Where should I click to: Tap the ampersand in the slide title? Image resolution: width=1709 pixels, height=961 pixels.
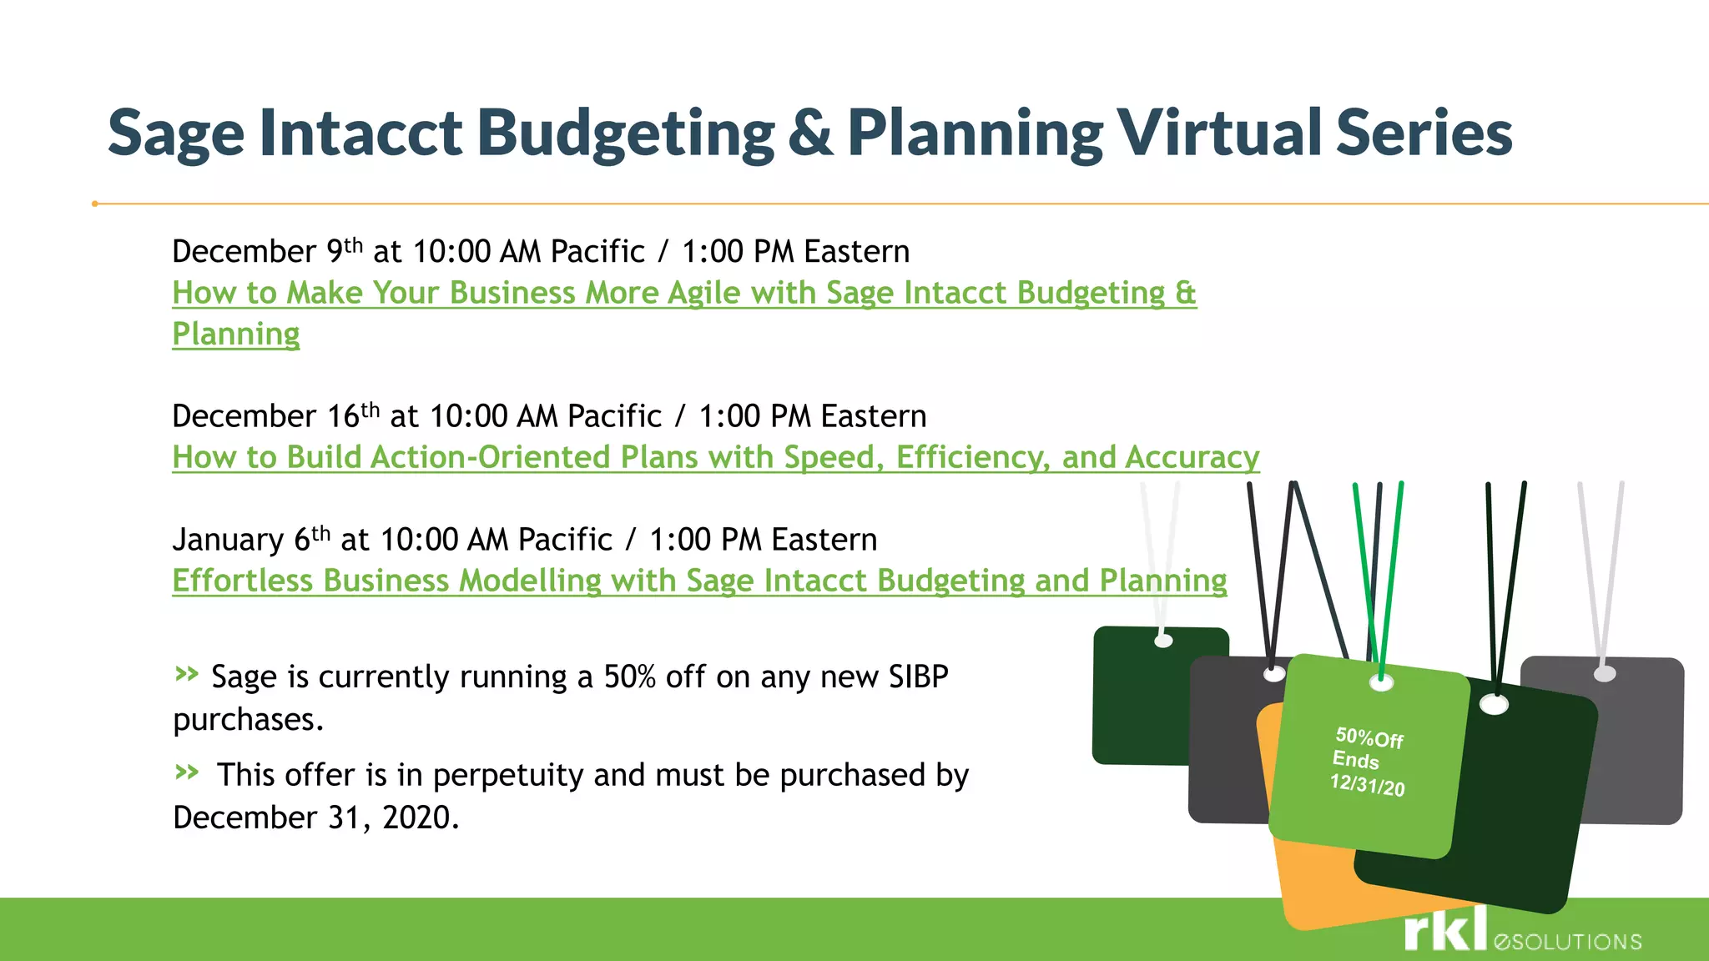pos(809,133)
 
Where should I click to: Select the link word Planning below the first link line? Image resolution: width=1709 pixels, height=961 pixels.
pos(236,335)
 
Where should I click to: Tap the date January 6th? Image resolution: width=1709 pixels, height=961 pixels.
pos(251,540)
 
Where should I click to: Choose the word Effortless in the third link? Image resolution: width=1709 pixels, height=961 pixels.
pos(242,581)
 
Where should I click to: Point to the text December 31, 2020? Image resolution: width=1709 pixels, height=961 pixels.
pos(315,818)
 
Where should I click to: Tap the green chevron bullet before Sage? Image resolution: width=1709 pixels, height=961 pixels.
pos(187,673)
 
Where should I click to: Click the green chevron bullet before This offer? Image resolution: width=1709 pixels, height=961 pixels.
pos(187,772)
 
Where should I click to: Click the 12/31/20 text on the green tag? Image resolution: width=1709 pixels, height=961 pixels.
pos(1367,785)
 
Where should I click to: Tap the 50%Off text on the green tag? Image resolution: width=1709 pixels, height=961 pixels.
pos(1369,737)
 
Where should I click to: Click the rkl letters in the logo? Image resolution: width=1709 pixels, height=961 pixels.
pos(1445,929)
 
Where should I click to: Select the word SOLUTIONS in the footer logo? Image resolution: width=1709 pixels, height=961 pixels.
pos(1575,943)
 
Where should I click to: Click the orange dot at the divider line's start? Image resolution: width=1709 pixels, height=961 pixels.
pos(95,204)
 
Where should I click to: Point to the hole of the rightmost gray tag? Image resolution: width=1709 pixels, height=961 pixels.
pos(1605,673)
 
